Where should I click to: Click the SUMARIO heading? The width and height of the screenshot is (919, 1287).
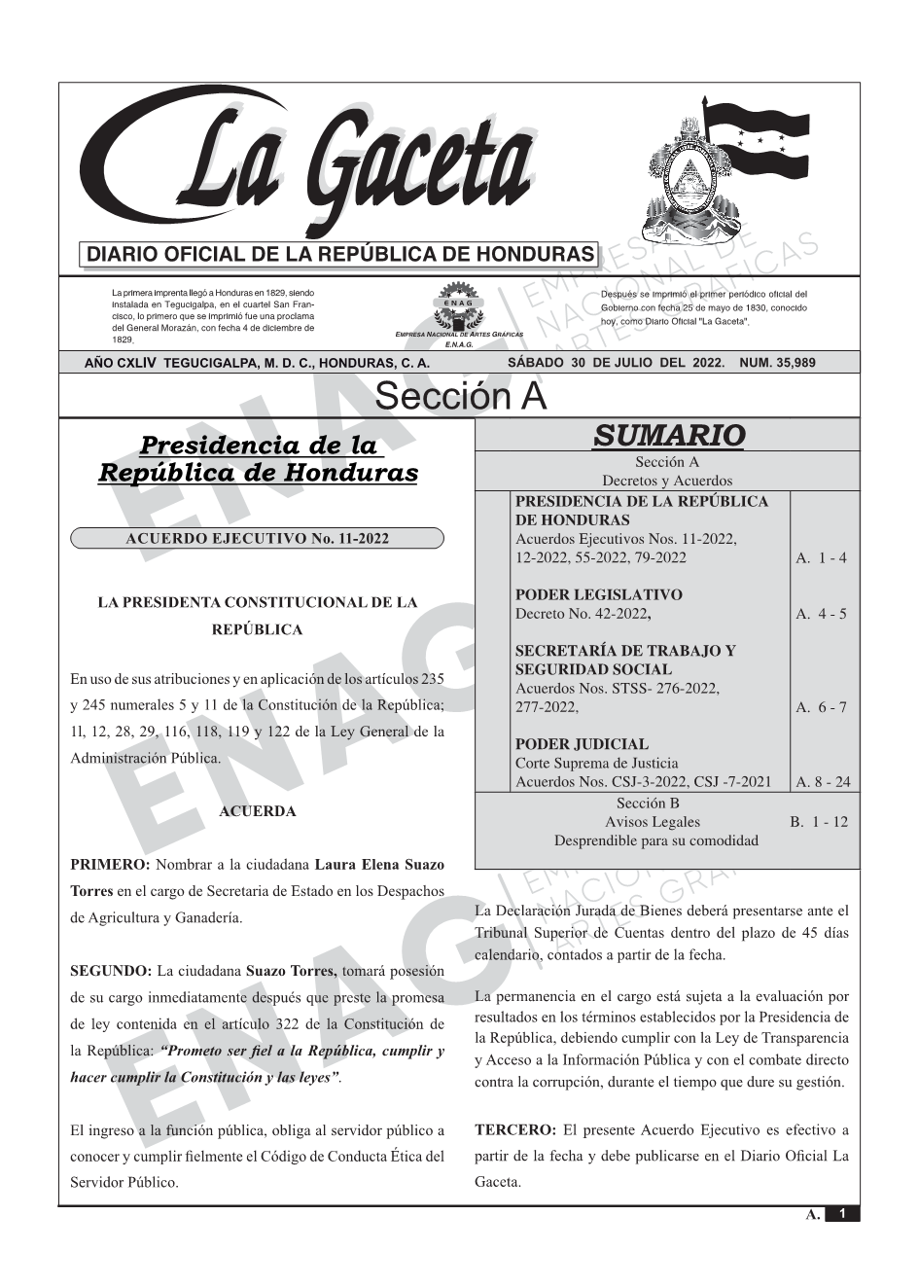[668, 435]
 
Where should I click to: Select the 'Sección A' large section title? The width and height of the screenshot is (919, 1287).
[460, 396]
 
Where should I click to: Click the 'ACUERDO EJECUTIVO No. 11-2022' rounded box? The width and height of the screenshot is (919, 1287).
[258, 539]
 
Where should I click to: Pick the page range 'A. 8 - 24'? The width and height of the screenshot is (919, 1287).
[823, 781]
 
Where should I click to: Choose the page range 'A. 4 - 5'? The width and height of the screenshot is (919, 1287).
[821, 614]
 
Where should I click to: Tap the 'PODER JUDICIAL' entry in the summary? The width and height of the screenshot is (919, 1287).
[582, 744]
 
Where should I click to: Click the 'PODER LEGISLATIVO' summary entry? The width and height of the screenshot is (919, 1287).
[598, 594]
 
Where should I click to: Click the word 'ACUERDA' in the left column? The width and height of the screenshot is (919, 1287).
[258, 811]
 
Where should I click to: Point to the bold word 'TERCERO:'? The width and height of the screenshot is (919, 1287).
[515, 1130]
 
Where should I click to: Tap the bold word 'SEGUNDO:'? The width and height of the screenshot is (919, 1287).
[111, 971]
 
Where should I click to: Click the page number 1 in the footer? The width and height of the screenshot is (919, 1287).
[842, 1214]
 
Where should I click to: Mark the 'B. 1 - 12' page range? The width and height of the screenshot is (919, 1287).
[818, 822]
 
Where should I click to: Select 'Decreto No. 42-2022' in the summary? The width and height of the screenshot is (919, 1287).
[582, 614]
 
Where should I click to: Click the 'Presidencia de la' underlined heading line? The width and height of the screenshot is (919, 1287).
[259, 446]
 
